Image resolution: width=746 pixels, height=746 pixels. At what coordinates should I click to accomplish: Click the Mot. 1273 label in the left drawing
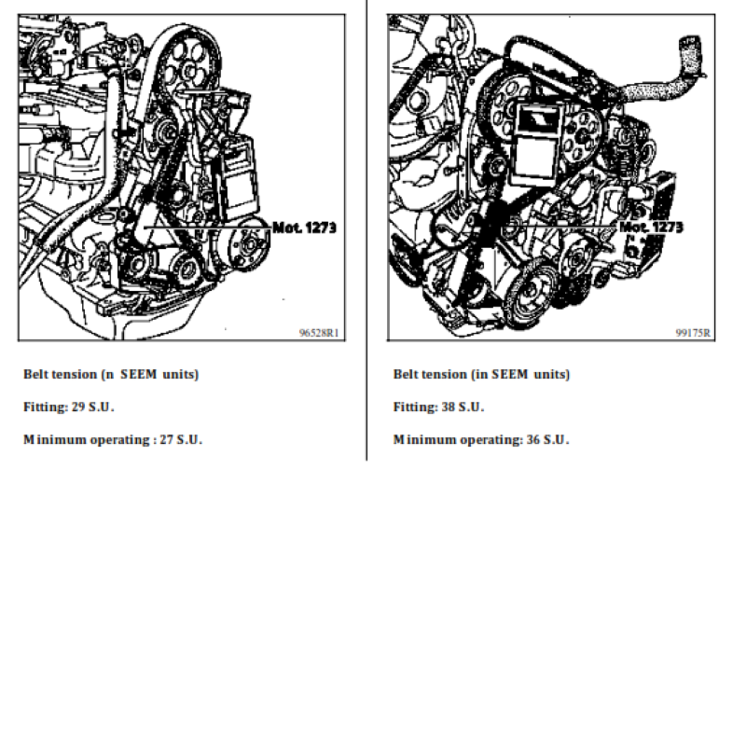point(305,228)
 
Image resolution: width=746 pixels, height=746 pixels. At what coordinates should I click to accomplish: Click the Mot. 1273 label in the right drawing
point(651,227)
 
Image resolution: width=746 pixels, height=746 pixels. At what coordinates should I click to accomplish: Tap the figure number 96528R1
point(319,333)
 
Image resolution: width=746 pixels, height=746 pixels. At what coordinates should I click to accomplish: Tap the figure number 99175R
point(693,333)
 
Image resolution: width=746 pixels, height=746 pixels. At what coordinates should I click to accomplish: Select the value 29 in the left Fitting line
point(78,408)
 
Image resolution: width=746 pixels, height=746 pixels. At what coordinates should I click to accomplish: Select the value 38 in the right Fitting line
point(449,408)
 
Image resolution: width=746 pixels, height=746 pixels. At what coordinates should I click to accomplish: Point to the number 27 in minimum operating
point(167,439)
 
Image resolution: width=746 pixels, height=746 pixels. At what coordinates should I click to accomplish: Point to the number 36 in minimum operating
point(532,439)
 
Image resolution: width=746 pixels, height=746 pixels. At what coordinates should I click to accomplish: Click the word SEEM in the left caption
point(138,375)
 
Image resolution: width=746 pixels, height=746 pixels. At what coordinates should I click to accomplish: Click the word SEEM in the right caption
point(509,375)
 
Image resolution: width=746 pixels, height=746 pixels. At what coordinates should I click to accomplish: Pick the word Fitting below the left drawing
point(46,408)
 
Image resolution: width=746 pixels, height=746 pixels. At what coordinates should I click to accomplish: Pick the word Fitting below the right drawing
point(416,408)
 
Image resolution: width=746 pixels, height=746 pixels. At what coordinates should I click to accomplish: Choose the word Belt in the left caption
point(36,375)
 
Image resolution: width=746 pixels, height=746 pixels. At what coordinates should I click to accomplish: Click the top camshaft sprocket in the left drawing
point(190,66)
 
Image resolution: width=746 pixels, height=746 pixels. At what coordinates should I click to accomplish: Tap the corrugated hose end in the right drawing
point(691,56)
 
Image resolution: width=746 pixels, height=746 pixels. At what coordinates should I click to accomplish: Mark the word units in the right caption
point(551,375)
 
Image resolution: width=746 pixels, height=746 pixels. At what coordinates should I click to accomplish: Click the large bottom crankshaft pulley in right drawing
point(531,294)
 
